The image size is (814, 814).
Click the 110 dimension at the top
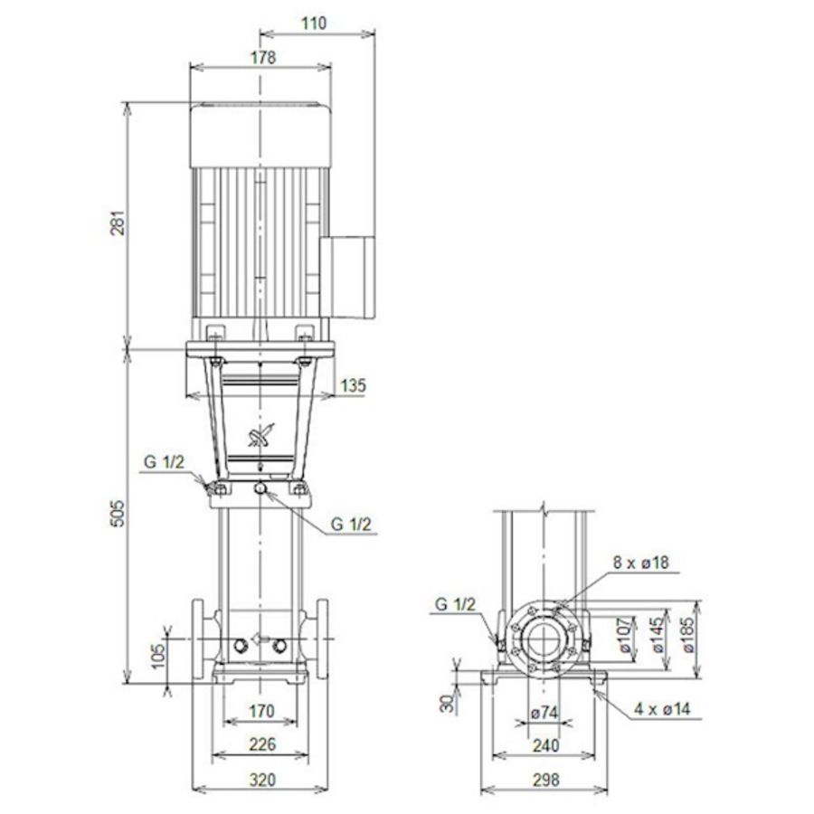(x=314, y=24)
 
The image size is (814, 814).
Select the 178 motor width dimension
(x=263, y=57)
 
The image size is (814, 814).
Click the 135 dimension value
(x=354, y=386)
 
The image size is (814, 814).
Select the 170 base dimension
(x=260, y=712)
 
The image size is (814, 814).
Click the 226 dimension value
(x=260, y=745)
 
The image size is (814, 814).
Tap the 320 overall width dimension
(x=260, y=780)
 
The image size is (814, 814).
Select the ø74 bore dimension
(x=544, y=713)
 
